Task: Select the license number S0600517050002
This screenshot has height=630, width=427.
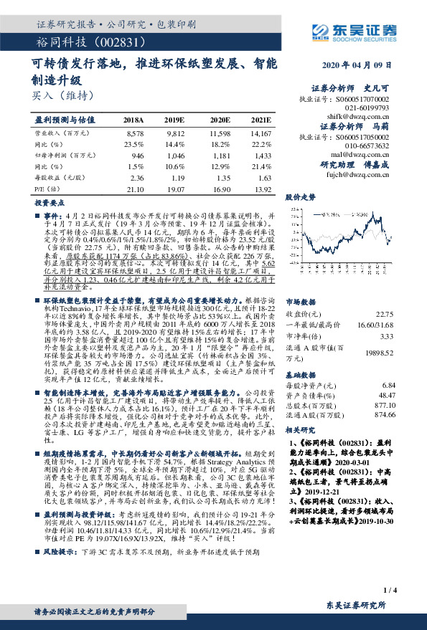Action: (365, 135)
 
